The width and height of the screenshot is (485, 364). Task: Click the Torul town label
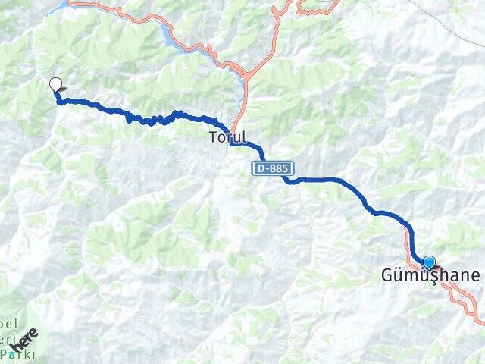click(x=227, y=138)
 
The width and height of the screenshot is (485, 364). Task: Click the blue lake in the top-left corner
click(x=56, y=9)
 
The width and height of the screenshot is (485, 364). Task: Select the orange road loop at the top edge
click(x=318, y=8)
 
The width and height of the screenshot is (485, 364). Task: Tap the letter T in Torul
click(x=214, y=138)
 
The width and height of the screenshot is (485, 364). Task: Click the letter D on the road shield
click(x=261, y=169)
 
